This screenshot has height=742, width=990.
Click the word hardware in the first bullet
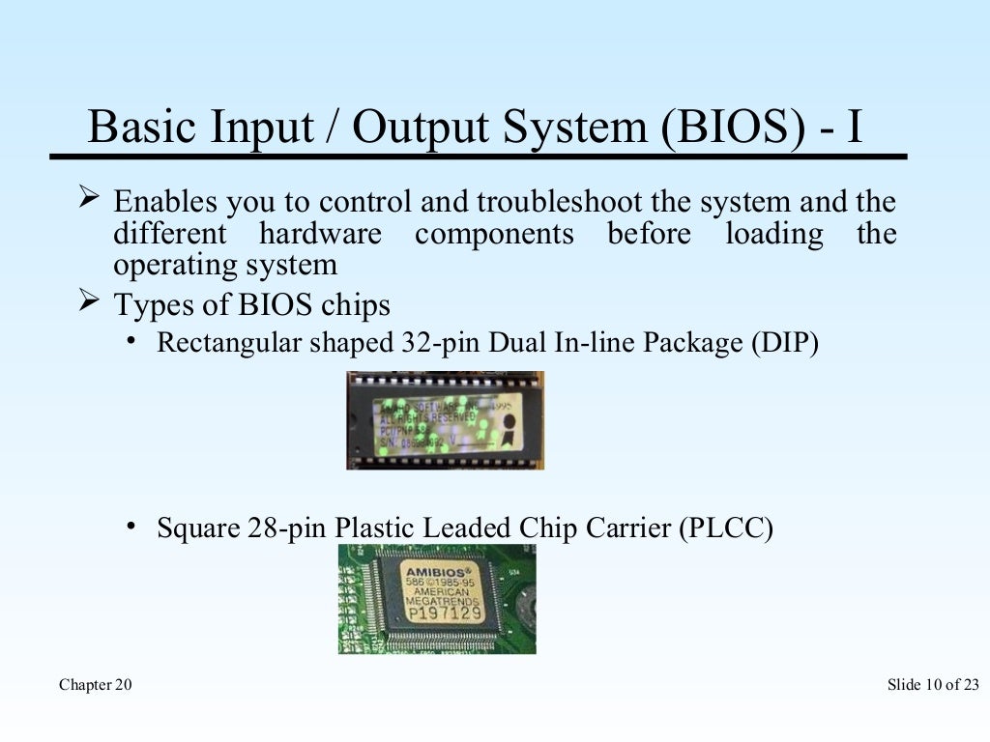tap(320, 234)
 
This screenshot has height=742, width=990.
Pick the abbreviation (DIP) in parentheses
tap(784, 343)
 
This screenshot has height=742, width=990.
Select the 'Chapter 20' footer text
tap(96, 685)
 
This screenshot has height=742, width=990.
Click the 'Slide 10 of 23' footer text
tap(932, 685)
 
